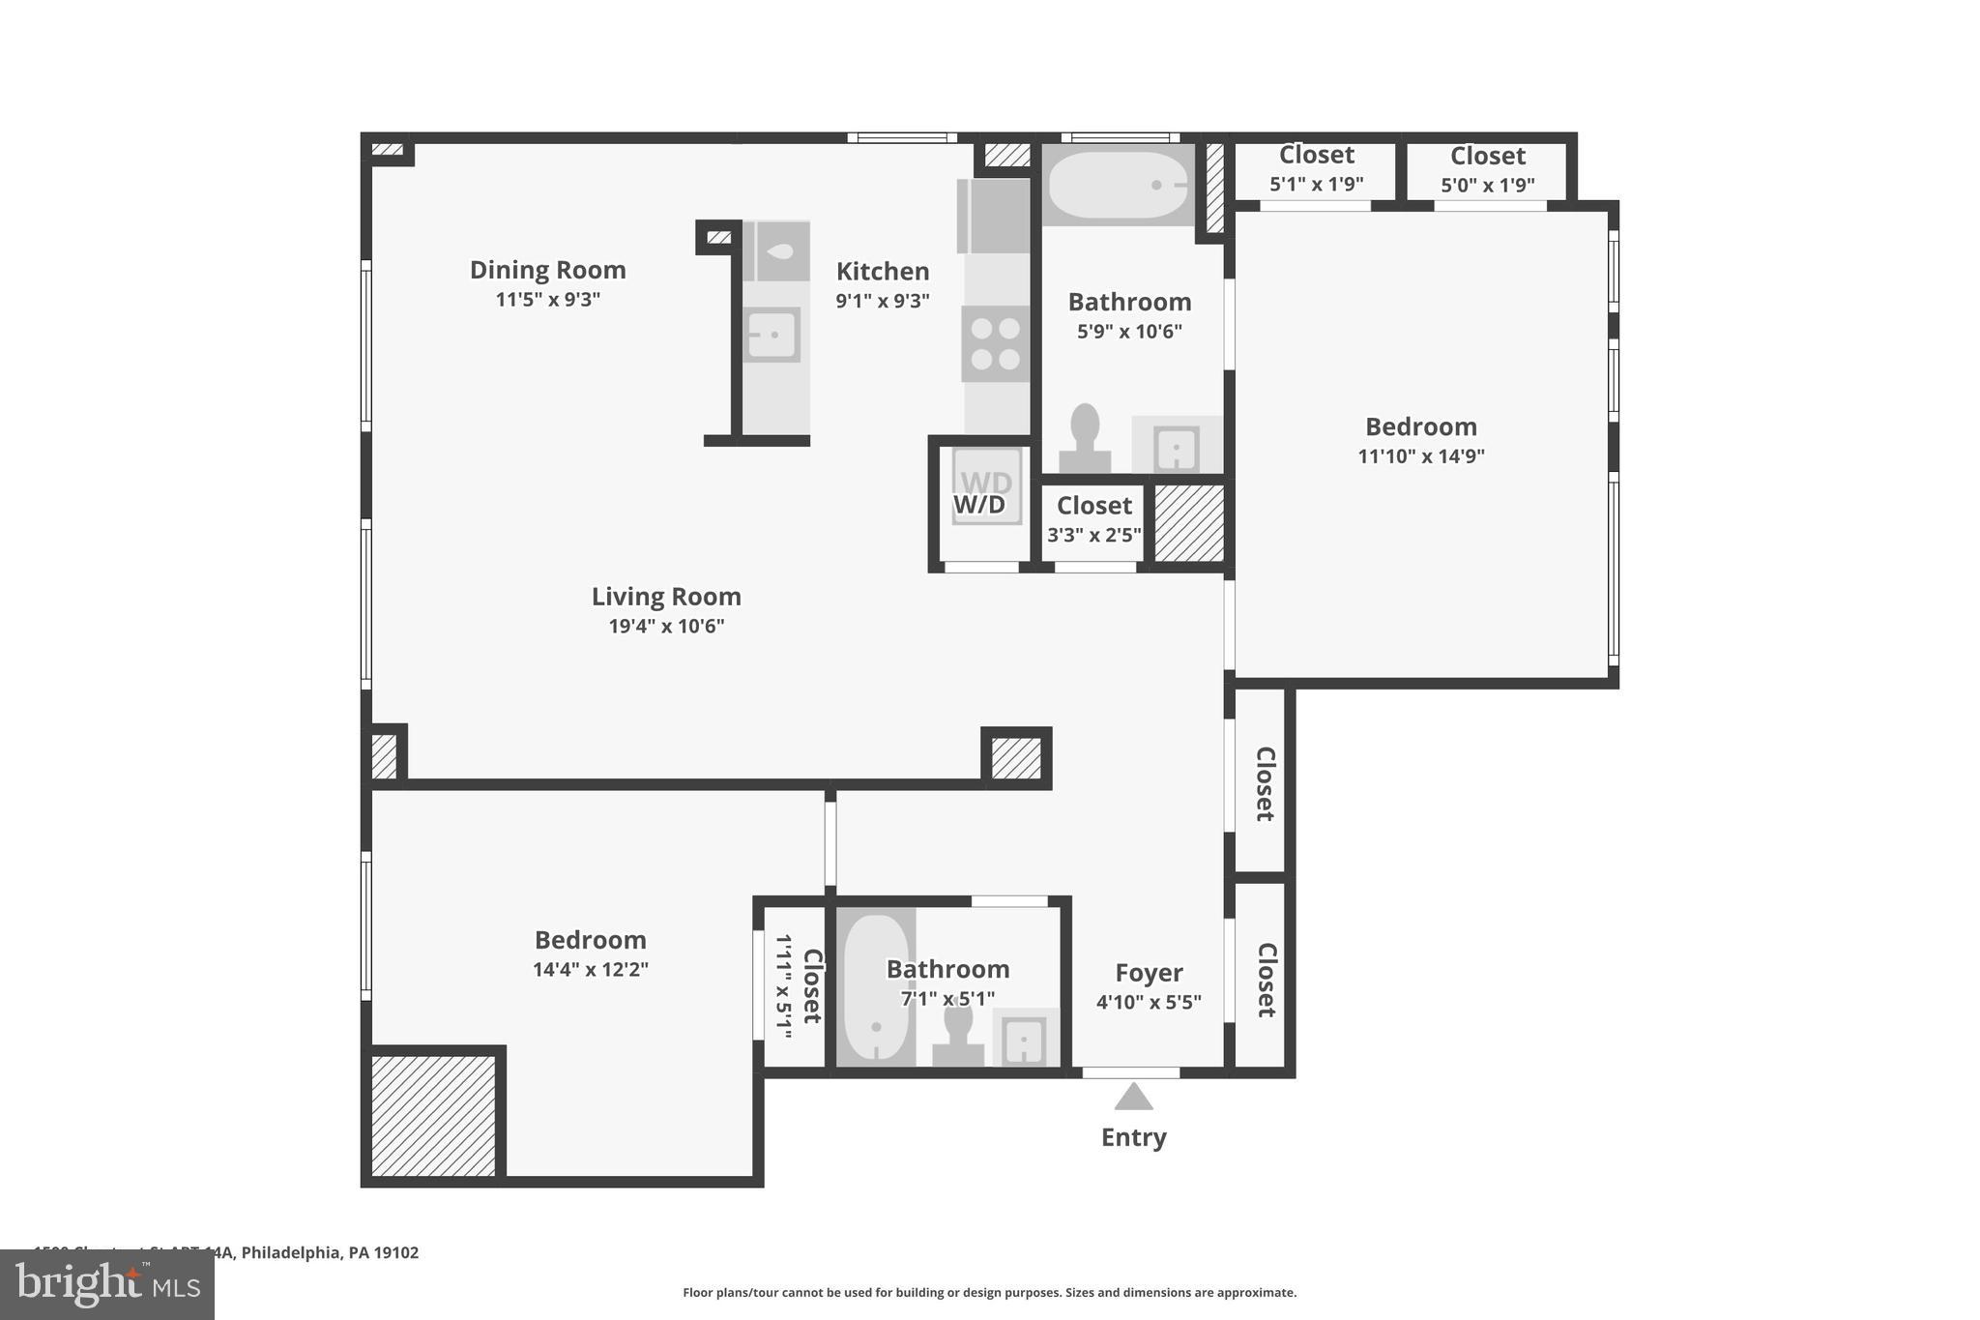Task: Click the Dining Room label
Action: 547,270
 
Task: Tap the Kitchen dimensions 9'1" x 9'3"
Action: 882,301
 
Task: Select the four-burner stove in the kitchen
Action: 995,343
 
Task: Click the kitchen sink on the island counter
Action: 772,335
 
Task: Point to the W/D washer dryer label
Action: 979,505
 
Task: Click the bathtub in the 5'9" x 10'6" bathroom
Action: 1118,185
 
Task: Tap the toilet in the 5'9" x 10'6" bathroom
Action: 1085,436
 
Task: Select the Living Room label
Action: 666,597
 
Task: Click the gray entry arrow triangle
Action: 1133,1098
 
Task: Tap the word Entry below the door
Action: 1133,1137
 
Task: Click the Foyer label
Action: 1149,973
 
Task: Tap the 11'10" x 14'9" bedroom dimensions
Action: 1420,456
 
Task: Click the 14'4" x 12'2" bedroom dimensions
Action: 590,969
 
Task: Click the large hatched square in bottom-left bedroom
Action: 433,1115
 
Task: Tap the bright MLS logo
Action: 107,1284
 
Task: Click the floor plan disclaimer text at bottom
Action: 989,1292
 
